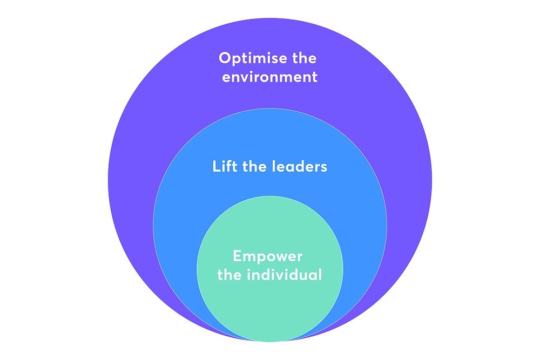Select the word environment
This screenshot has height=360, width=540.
pyautogui.click(x=269, y=77)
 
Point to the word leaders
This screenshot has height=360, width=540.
pyautogui.click(x=299, y=166)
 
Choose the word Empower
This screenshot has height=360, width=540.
pyautogui.click(x=268, y=256)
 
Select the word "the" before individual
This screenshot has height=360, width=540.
pyautogui.click(x=230, y=275)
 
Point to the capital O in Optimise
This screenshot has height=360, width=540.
pyautogui.click(x=225, y=58)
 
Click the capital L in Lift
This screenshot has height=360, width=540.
pyautogui.click(x=217, y=167)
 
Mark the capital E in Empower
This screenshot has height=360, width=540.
pyautogui.click(x=237, y=256)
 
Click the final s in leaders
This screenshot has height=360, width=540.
pyautogui.click(x=323, y=168)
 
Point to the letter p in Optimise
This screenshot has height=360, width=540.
pyautogui.click(x=237, y=60)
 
